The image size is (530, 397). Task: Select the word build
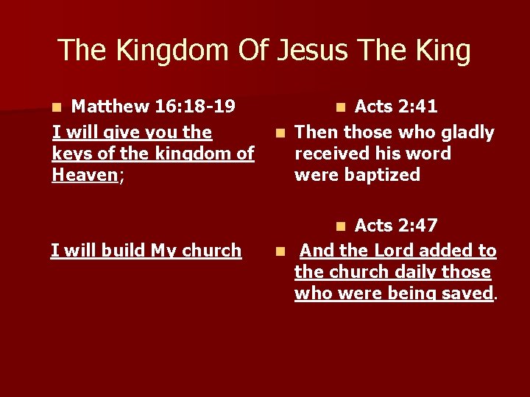[x=119, y=251]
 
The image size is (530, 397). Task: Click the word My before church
[x=163, y=251]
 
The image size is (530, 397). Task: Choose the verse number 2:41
[x=417, y=107]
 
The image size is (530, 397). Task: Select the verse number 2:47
[x=417, y=225]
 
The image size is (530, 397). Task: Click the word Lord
[x=397, y=251]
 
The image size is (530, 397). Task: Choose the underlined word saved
[x=467, y=293]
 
